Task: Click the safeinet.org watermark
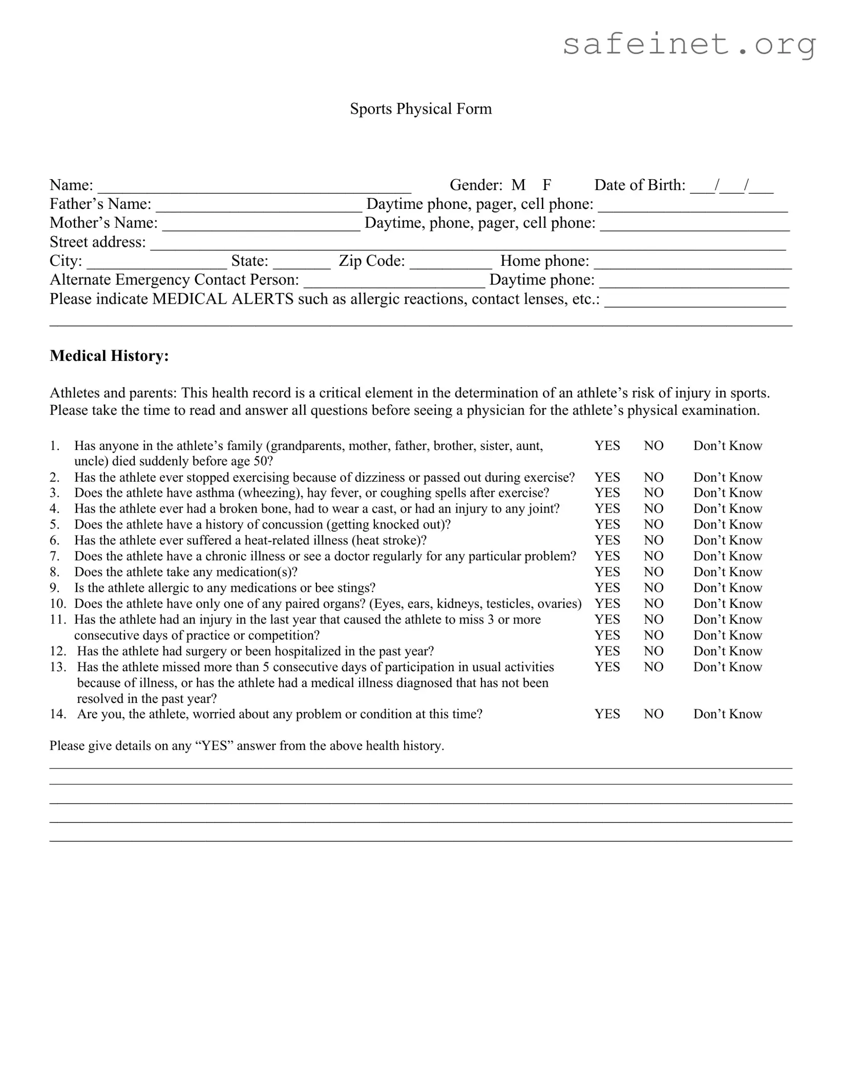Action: [689, 45]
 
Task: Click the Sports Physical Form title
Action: [420, 109]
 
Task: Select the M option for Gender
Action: [518, 185]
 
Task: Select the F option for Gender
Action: [546, 185]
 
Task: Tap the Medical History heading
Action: [109, 356]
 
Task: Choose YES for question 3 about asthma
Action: [607, 493]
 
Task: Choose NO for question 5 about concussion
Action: [654, 525]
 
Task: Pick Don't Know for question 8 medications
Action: [727, 572]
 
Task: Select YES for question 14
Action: [607, 714]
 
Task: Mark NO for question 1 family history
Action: [654, 446]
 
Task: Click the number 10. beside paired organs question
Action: [58, 604]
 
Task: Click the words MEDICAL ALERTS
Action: [223, 299]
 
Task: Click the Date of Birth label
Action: [639, 185]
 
